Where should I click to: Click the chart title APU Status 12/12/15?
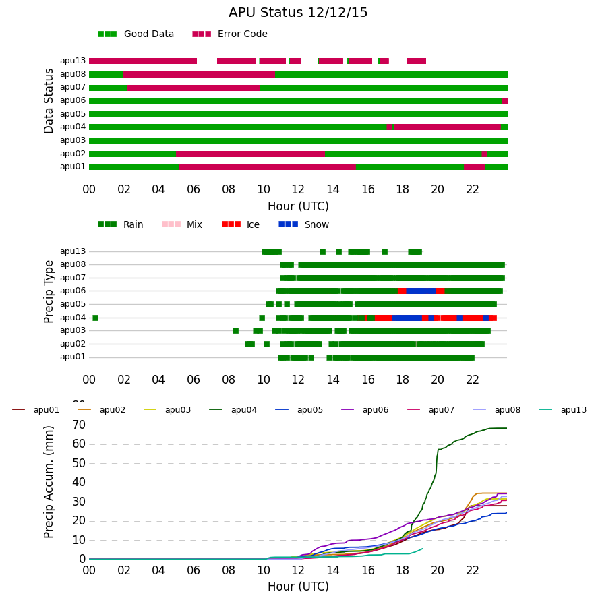coord(298,13)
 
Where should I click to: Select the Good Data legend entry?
coord(136,34)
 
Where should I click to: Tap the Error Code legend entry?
coord(230,34)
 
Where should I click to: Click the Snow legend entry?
coord(303,224)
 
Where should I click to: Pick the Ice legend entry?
coord(241,224)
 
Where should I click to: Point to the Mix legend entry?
coord(182,224)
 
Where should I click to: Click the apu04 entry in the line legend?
coord(233,410)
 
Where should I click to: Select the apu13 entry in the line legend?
coord(562,410)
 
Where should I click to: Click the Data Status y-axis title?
coord(49,101)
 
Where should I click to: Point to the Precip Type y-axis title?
coord(49,292)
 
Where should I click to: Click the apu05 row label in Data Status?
coord(73,114)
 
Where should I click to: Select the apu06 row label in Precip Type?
coord(73,291)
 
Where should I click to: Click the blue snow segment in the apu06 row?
coord(421,291)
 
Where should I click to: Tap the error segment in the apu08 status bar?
coord(199,75)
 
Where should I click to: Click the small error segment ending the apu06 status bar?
coord(504,101)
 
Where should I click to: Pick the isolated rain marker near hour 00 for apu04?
coord(96,318)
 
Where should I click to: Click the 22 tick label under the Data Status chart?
coord(473,189)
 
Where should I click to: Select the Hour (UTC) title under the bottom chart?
coord(298,587)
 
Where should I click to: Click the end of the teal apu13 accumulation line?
coord(423,548)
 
